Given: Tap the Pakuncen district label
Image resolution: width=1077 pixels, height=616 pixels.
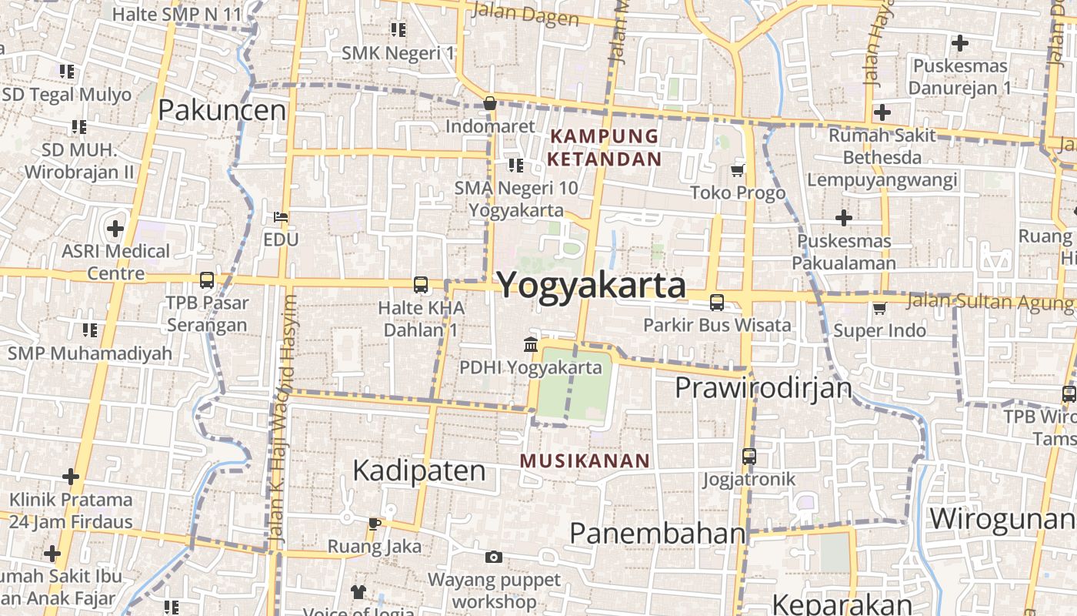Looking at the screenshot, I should coord(222,111).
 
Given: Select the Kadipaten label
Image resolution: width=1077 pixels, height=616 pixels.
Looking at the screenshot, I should coord(418,470).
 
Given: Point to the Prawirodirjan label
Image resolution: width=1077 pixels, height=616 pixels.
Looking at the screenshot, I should coord(763,387).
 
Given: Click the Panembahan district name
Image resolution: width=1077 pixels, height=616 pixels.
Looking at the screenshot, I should coord(658,533).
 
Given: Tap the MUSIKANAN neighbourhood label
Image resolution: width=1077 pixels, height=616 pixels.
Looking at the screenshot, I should coord(585,461).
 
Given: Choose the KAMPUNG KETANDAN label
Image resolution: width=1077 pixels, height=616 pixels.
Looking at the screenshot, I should coord(604,148).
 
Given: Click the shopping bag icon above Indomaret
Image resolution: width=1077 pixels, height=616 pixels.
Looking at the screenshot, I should coord(490,103).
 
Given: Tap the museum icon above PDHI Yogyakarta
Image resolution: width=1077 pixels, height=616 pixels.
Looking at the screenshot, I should coord(531,343).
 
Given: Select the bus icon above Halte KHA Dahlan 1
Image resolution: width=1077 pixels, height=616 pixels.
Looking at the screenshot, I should coord(421,285).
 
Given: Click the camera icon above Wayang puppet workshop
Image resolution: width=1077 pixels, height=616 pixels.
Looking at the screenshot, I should coord(493,557).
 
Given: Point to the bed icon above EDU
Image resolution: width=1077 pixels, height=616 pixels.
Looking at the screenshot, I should coord(281,217).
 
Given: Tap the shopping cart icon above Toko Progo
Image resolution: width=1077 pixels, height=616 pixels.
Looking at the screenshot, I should coord(738,169).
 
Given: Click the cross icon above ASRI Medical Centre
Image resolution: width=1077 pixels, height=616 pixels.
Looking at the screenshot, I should coord(115,229).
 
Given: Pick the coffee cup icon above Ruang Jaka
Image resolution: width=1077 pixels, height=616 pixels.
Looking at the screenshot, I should coord(375,524).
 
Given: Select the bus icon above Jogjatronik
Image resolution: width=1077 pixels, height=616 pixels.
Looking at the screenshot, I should coord(749,457).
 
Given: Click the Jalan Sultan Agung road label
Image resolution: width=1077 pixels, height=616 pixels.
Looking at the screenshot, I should coord(989,301).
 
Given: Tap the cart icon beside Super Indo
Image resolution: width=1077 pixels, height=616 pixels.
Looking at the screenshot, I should coord(879,308).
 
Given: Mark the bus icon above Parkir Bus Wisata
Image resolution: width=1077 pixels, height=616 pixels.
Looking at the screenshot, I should coord(717,303).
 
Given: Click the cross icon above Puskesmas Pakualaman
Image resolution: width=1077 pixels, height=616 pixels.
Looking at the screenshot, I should coord(844,218).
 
